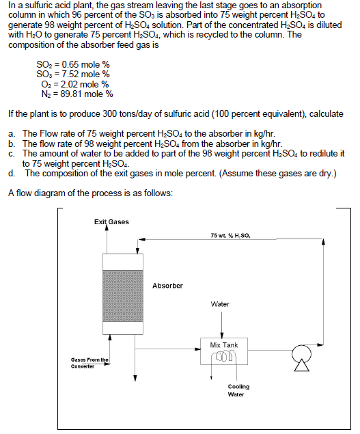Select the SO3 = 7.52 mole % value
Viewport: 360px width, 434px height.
pyautogui.click(x=72, y=74)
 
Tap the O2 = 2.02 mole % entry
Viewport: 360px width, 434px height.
pyautogui.click(x=74, y=84)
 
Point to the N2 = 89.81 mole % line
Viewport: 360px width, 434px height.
pyautogui.click(x=75, y=94)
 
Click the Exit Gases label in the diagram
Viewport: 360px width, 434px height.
pyautogui.click(x=112, y=221)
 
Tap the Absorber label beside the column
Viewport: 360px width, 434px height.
pyautogui.click(x=167, y=285)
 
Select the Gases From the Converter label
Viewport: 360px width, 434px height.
pyautogui.click(x=89, y=362)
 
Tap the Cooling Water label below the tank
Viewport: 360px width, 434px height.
pyautogui.click(x=238, y=390)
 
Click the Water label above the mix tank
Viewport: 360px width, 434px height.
pyautogui.click(x=220, y=304)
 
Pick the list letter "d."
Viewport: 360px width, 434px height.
pyautogui.click(x=12, y=173)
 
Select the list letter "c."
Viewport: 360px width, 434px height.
pyautogui.click(x=12, y=154)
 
